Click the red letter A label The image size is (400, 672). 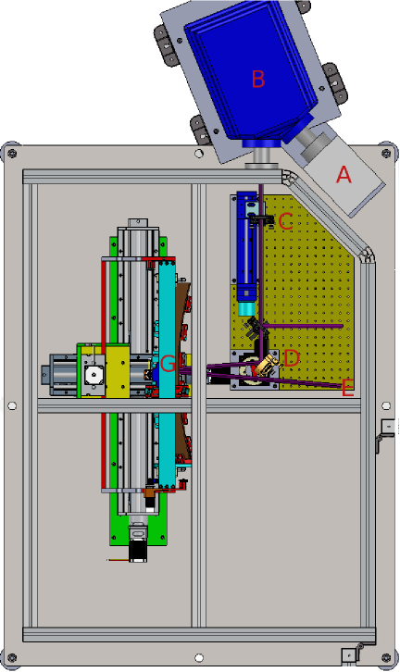(x=344, y=175)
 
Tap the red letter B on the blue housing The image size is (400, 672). (x=258, y=79)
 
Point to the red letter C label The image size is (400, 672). (x=286, y=221)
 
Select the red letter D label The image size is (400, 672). (x=292, y=358)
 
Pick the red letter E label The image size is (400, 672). (x=348, y=388)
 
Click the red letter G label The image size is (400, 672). (x=168, y=364)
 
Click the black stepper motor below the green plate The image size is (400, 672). (x=138, y=547)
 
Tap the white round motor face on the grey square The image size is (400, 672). (x=93, y=376)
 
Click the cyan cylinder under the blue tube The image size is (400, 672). (x=246, y=309)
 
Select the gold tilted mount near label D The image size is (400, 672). (x=268, y=365)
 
